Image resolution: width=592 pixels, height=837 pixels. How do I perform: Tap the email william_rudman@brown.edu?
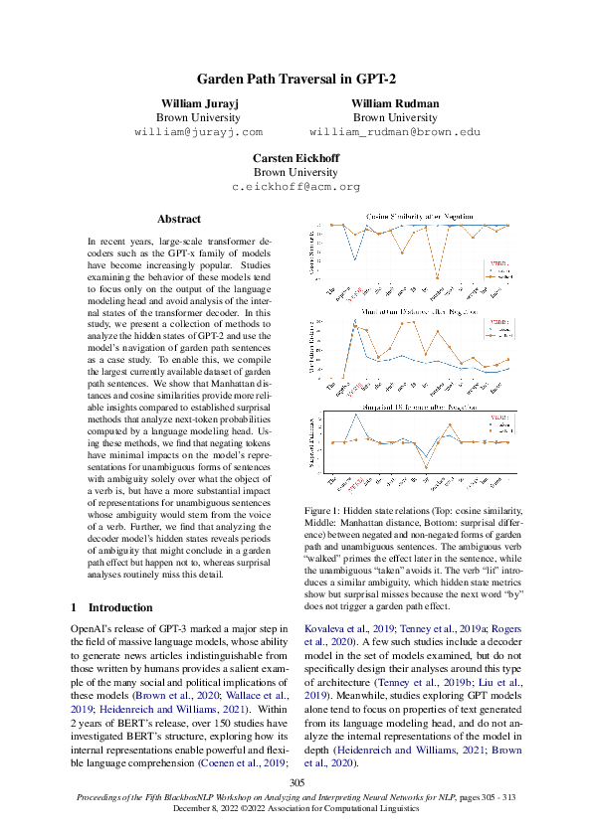[x=395, y=131]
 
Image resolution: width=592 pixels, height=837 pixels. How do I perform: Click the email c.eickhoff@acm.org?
[x=296, y=186]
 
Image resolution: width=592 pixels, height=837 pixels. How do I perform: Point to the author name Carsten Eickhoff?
[x=296, y=158]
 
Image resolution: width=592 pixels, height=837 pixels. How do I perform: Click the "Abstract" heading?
[x=179, y=219]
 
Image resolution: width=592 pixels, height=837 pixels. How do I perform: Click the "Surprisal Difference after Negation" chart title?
[x=419, y=408]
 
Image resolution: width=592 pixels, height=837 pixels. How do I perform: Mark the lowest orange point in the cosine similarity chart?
[x=439, y=280]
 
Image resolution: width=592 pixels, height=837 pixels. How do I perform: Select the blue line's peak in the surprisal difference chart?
[x=356, y=415]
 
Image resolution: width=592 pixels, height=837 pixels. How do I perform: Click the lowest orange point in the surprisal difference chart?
[x=426, y=467]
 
